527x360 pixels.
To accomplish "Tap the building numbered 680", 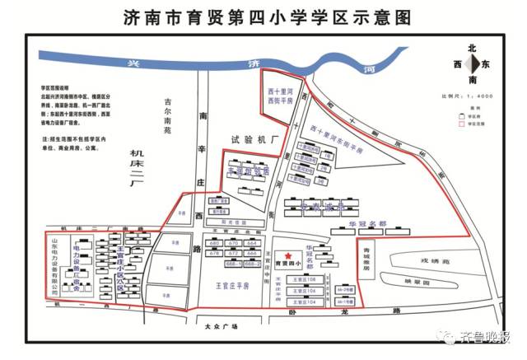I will coord(215,244).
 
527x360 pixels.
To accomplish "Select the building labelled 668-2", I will coord(252,264).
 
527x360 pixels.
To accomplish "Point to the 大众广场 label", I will coord(218,327).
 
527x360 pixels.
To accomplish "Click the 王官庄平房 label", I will coord(226,287).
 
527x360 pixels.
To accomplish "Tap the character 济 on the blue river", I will coord(254,63).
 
